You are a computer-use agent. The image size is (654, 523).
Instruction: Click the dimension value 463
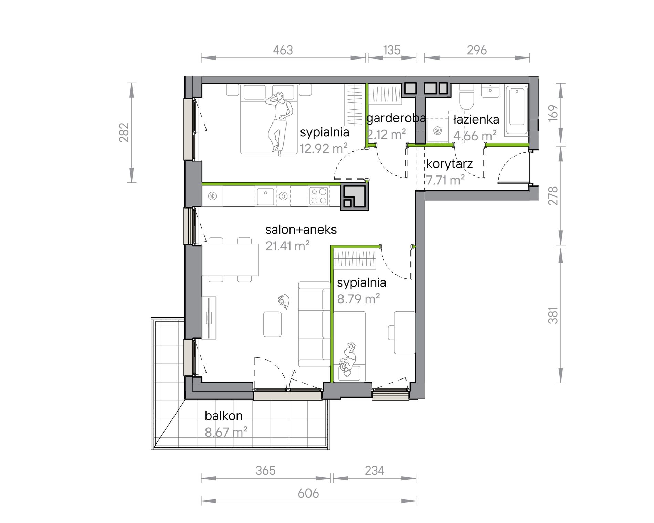click(x=283, y=50)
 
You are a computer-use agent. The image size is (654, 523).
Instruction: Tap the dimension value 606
click(x=308, y=493)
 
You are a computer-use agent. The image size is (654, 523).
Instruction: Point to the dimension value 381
click(x=553, y=315)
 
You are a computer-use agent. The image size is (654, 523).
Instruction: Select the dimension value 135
click(x=392, y=50)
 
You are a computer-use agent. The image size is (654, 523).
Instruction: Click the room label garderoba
click(x=396, y=118)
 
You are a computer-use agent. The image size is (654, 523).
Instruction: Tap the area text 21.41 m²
click(x=287, y=246)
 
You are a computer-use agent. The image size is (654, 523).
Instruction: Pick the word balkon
click(x=224, y=416)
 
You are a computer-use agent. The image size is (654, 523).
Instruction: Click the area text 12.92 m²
click(x=324, y=148)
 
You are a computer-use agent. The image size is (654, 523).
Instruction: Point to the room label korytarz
click(x=450, y=164)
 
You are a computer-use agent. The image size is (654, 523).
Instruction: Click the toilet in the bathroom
click(x=467, y=97)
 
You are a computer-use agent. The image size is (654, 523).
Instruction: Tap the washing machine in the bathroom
click(x=437, y=130)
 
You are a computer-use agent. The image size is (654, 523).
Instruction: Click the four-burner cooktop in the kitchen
click(x=319, y=196)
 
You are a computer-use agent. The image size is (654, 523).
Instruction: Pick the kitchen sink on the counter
click(x=266, y=196)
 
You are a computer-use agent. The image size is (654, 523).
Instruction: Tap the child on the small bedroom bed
click(x=348, y=360)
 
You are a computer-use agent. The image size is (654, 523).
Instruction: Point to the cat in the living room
click(x=284, y=302)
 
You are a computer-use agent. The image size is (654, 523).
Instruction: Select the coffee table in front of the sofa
click(x=272, y=324)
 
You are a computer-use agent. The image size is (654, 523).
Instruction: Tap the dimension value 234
click(x=375, y=471)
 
